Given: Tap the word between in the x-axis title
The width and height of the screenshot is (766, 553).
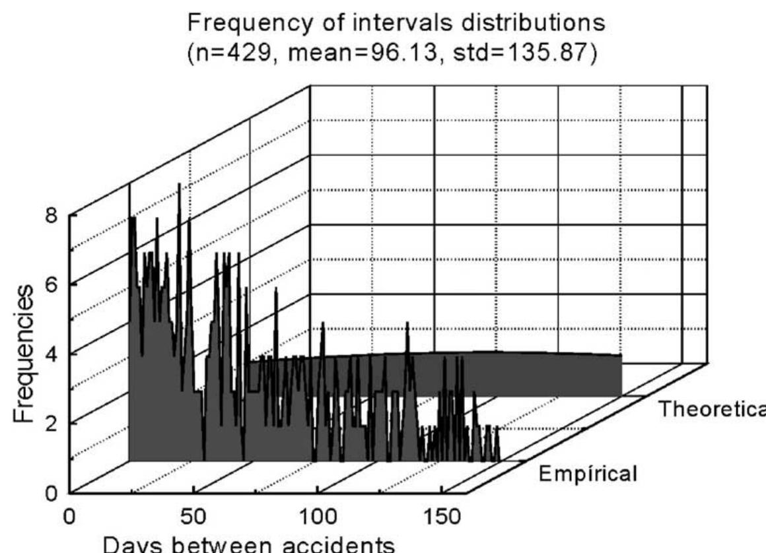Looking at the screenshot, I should pyautogui.click(x=230, y=545).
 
